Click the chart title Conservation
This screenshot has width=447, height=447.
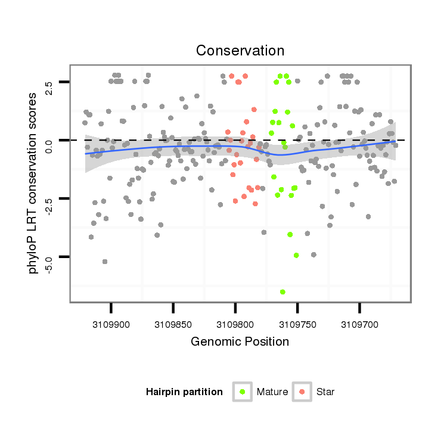pyautogui.click(x=240, y=51)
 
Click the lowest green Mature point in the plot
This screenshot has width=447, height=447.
pyautogui.click(x=283, y=292)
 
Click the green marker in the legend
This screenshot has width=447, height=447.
pyautogui.click(x=243, y=392)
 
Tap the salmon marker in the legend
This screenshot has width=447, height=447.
pyautogui.click(x=302, y=392)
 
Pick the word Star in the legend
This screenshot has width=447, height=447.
pyautogui.click(x=325, y=392)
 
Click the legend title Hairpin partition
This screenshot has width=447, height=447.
pyautogui.click(x=184, y=392)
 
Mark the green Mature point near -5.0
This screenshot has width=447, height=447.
pyautogui.click(x=296, y=255)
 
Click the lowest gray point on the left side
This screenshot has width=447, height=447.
pyautogui.click(x=105, y=262)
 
